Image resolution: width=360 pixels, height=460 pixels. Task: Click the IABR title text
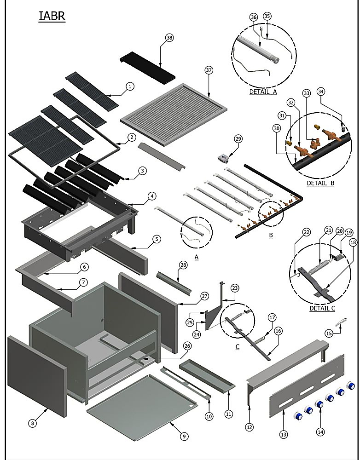tap(52, 16)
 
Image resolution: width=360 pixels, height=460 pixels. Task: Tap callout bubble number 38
tap(169, 38)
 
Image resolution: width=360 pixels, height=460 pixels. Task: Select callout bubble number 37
tap(209, 70)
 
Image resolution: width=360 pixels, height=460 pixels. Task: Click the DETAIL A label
tap(263, 92)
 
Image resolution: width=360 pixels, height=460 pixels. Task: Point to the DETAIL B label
tap(320, 183)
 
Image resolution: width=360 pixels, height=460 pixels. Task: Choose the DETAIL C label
tap(322, 308)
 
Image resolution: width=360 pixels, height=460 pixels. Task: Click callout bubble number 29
tap(238, 138)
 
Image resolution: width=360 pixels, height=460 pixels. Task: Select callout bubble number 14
tap(320, 432)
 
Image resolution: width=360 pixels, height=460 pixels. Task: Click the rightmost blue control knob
tap(351, 386)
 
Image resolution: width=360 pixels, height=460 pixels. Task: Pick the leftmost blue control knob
tap(298, 416)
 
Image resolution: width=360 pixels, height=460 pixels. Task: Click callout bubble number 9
tap(184, 436)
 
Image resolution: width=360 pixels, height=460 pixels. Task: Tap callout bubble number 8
tap(33, 423)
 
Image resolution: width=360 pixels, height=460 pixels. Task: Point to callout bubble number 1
tap(130, 86)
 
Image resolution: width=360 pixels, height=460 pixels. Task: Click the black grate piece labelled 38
tap(147, 68)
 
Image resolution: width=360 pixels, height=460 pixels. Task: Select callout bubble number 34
tap(321, 92)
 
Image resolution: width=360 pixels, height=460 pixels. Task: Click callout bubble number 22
tap(306, 232)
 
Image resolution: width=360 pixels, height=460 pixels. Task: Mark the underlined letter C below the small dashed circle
tap(237, 347)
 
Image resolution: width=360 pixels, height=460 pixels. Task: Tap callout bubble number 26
tap(187, 346)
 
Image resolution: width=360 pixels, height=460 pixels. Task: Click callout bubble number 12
tap(250, 427)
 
